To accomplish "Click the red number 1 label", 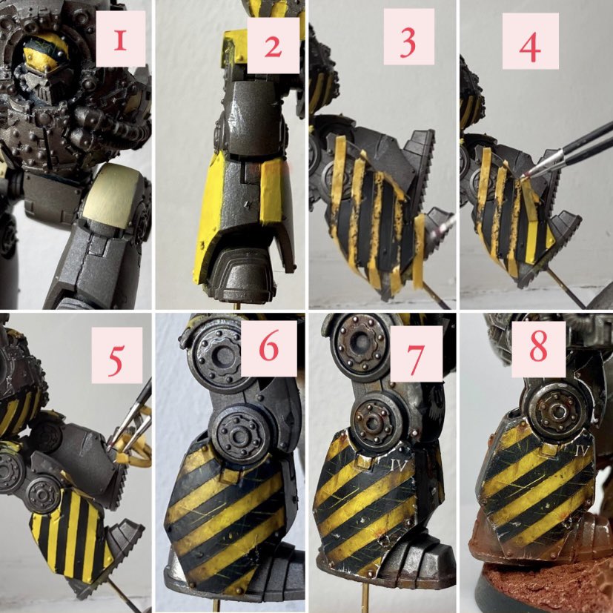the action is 120,39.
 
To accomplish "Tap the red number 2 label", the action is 274,45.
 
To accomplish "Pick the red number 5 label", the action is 116,355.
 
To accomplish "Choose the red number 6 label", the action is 268,348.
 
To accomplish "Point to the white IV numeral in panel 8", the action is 582,451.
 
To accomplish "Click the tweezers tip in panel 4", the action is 523,176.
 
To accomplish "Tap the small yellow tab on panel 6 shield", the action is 227,475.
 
